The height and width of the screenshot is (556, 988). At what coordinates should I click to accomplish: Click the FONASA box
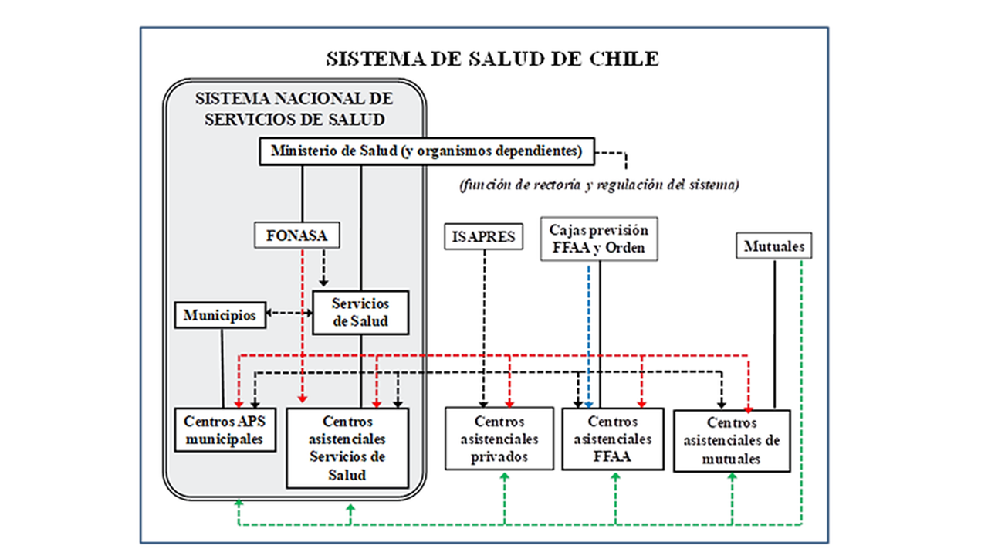click(297, 236)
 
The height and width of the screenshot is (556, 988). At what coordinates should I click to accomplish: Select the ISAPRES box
click(483, 236)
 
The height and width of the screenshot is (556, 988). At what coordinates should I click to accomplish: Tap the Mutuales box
click(773, 246)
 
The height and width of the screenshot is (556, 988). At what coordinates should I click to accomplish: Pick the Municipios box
click(220, 315)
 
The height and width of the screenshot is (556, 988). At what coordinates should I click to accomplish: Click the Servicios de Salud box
click(360, 313)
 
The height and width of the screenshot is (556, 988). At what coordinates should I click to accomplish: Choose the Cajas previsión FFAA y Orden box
click(599, 239)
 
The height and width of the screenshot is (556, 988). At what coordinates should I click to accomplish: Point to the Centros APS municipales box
click(225, 430)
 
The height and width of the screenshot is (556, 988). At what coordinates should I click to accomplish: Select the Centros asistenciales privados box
click(499, 439)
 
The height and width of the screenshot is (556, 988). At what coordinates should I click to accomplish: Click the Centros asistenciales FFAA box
click(613, 439)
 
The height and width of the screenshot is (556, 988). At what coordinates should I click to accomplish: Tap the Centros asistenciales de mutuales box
click(732, 441)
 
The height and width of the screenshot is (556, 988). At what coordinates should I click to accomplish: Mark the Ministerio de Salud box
click(427, 151)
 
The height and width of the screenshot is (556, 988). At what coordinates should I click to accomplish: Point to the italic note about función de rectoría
click(599, 185)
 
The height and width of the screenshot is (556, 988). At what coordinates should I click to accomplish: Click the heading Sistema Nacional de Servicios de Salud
click(294, 109)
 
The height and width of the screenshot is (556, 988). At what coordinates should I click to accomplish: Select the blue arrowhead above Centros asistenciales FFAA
click(588, 405)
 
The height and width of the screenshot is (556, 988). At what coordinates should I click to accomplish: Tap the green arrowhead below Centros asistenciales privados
click(505, 476)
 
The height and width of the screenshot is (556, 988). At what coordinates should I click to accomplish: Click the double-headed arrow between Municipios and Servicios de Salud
click(289, 313)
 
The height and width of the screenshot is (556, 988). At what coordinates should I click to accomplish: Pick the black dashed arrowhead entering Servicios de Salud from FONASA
click(323, 282)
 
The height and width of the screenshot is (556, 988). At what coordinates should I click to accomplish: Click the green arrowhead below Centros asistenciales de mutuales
click(733, 476)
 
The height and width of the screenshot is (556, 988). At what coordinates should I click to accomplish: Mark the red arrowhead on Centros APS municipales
click(239, 404)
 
